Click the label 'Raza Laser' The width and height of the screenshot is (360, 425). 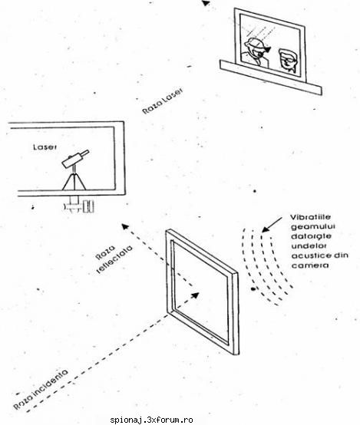click(163, 100)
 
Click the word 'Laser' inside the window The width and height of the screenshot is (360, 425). click(45, 147)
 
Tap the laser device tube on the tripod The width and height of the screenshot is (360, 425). click(75, 158)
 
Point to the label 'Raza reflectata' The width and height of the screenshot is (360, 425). click(114, 259)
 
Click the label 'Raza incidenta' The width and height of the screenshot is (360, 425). click(41, 389)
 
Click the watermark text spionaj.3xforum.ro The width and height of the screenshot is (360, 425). click(151, 420)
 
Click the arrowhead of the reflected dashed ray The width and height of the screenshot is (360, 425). click(125, 226)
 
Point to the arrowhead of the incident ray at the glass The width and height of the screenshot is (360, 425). click(195, 295)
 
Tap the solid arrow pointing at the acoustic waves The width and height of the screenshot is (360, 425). click(272, 225)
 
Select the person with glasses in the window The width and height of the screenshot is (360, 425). click(287, 61)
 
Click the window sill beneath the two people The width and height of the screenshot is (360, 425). click(270, 77)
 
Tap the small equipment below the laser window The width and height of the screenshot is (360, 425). click(79, 205)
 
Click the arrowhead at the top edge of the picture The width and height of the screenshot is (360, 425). click(206, 3)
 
